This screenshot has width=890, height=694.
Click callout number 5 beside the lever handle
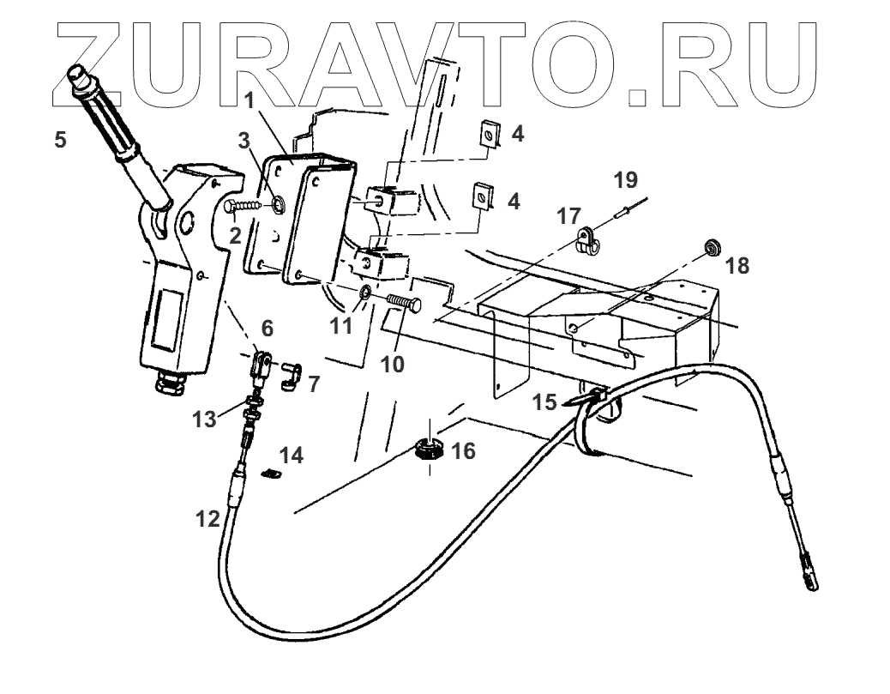[x=59, y=139]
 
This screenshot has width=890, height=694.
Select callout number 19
[x=626, y=180]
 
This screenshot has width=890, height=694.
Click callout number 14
[x=292, y=456]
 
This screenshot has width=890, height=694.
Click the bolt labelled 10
[x=403, y=302]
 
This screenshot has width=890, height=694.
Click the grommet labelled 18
[x=712, y=250]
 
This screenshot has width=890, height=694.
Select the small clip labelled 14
[x=270, y=473]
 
